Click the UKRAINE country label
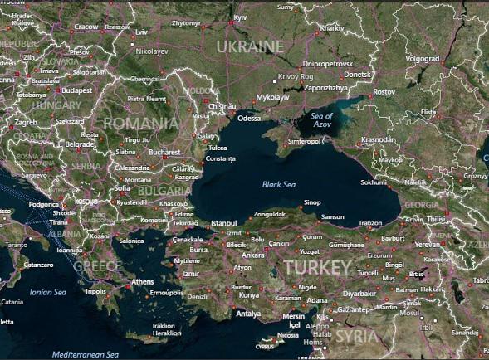click(x=250, y=46)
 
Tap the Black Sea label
click(x=279, y=184)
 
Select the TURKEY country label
click(x=317, y=267)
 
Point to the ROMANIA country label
click(x=141, y=123)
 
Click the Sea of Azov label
click(x=321, y=120)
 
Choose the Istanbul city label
click(x=224, y=223)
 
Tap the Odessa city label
click(x=249, y=119)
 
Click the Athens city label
click(x=143, y=283)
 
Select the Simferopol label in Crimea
click(x=304, y=141)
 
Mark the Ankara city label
click(x=252, y=255)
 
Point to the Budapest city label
click(x=76, y=90)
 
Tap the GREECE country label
click(x=97, y=266)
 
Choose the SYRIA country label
click(x=356, y=336)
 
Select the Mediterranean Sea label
click(x=86, y=354)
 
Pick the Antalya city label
click(x=247, y=314)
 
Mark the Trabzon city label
click(x=369, y=222)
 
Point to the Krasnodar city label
click(x=377, y=140)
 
